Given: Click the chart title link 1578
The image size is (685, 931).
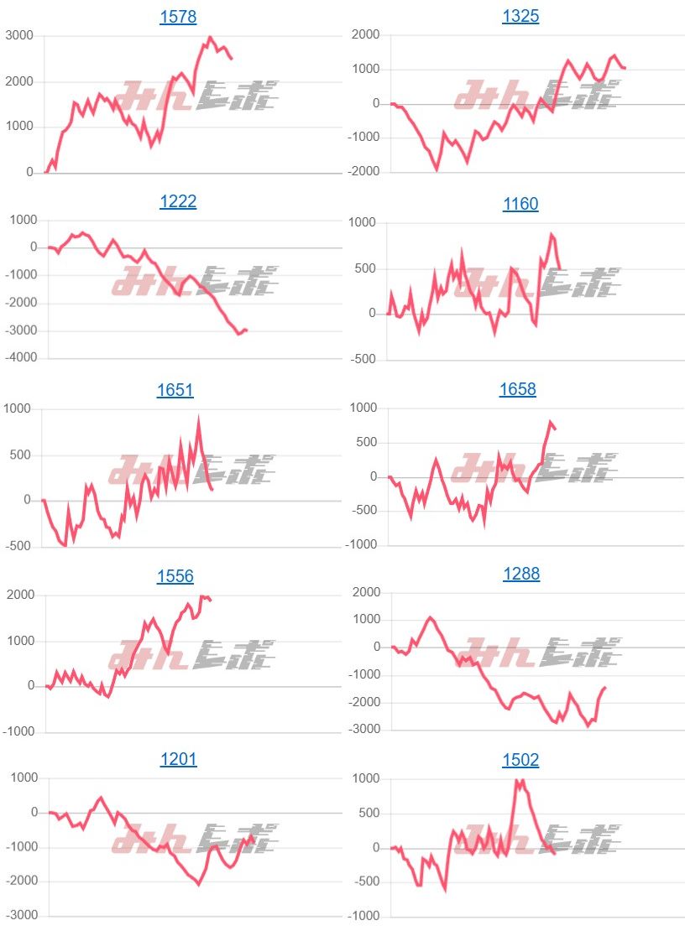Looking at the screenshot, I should pyautogui.click(x=178, y=17).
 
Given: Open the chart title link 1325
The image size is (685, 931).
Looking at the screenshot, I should pyautogui.click(x=520, y=17).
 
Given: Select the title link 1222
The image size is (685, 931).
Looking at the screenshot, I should pyautogui.click(x=178, y=202).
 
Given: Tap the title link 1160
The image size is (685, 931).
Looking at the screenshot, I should pyautogui.click(x=520, y=204).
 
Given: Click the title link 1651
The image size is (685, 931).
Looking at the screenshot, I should pyautogui.click(x=175, y=390).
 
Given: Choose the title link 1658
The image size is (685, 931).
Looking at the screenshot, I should pyautogui.click(x=518, y=390).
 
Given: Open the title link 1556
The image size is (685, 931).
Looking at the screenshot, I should pyautogui.click(x=175, y=576).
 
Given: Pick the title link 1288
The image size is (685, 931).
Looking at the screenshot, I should pyautogui.click(x=521, y=575).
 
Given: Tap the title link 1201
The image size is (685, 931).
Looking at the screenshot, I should pyautogui.click(x=178, y=761).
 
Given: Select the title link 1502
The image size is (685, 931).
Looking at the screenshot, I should pyautogui.click(x=520, y=761).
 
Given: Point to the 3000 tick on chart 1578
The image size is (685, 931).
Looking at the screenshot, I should pyautogui.click(x=19, y=35).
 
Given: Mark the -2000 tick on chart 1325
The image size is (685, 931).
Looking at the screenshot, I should pyautogui.click(x=362, y=172).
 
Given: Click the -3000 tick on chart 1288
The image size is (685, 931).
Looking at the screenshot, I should pyautogui.click(x=362, y=730).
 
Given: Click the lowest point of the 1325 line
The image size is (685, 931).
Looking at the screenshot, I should pyautogui.click(x=437, y=169).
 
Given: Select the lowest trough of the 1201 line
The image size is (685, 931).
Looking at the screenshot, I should pyautogui.click(x=199, y=884).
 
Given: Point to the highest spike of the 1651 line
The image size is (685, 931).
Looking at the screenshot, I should pyautogui.click(x=199, y=419).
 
